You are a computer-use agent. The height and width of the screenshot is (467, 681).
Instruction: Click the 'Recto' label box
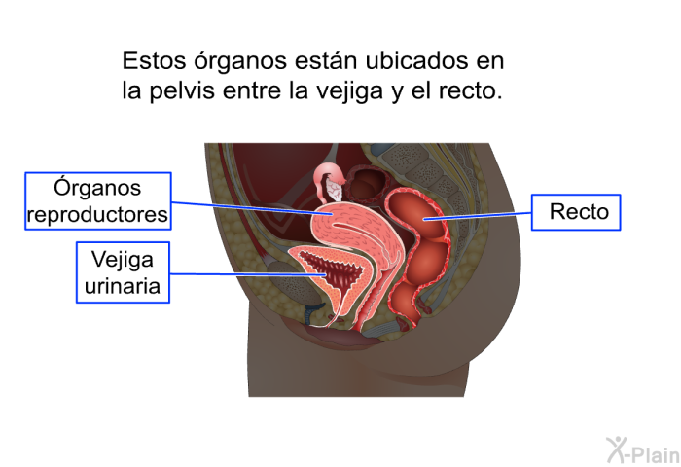[576, 212]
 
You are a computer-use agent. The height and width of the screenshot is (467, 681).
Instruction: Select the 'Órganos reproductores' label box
[98, 200]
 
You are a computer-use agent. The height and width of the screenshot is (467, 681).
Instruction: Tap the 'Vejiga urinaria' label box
[123, 272]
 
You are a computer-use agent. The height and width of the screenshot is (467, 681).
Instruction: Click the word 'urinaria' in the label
[123, 286]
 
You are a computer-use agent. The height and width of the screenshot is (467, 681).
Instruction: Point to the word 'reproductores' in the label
[97, 215]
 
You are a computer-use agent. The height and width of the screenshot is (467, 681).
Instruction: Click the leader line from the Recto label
[478, 216]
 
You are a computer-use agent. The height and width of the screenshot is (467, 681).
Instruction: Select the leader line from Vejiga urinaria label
[247, 274]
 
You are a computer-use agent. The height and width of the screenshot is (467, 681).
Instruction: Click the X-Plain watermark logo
[643, 450]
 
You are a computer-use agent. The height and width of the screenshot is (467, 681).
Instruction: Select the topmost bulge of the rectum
[412, 213]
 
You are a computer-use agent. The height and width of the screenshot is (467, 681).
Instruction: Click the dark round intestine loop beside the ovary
[366, 184]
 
